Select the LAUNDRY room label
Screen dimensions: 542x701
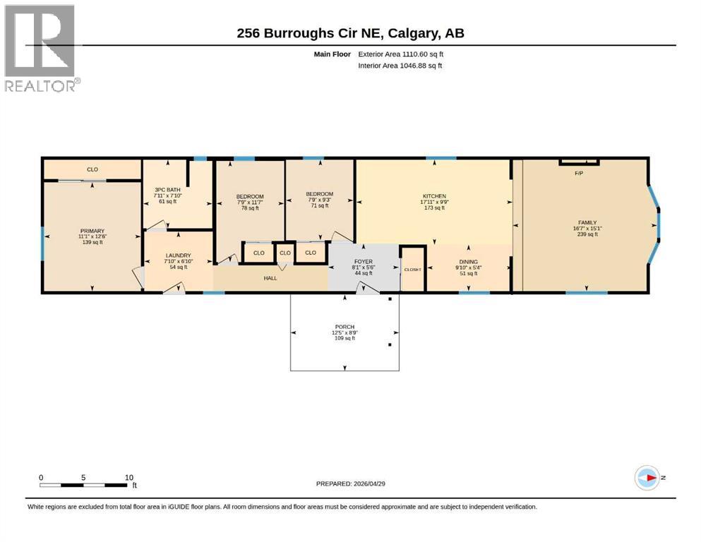[178, 255]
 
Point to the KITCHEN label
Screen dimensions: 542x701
[434, 196]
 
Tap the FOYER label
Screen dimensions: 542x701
[362, 262]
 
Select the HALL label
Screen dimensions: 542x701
[270, 278]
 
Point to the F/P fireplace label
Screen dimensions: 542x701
[579, 173]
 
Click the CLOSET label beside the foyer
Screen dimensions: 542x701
[412, 270]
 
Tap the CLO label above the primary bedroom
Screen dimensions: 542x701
[92, 169]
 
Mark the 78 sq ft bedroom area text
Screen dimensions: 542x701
[250, 208]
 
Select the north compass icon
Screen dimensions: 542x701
[647, 478]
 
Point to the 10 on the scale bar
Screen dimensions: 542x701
[128, 477]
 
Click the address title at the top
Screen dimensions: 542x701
[350, 33]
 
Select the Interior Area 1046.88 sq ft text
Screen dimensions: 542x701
[400, 66]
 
